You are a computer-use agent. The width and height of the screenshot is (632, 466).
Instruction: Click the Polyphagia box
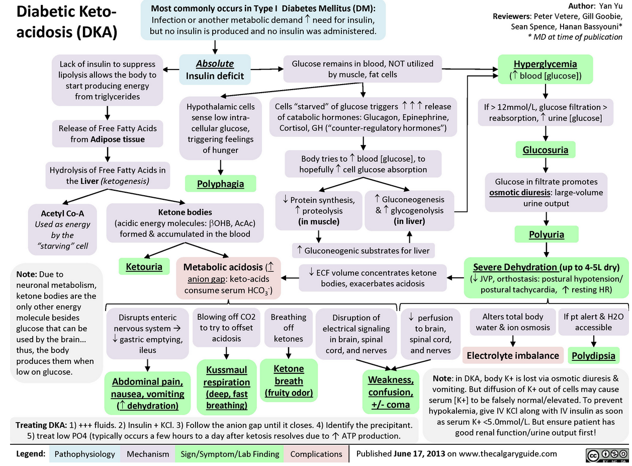[220, 184]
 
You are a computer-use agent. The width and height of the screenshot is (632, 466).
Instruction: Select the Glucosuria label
[546, 150]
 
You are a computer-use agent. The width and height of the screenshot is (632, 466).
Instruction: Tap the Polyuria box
[546, 234]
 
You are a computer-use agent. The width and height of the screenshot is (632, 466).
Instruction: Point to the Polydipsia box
[594, 355]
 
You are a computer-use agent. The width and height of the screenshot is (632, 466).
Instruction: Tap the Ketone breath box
[288, 380]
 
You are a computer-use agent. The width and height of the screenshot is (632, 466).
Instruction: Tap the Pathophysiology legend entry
[84, 453]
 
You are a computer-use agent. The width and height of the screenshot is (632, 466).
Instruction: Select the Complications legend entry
[316, 453]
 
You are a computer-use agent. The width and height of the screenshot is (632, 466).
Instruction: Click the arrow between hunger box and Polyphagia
[220, 166]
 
